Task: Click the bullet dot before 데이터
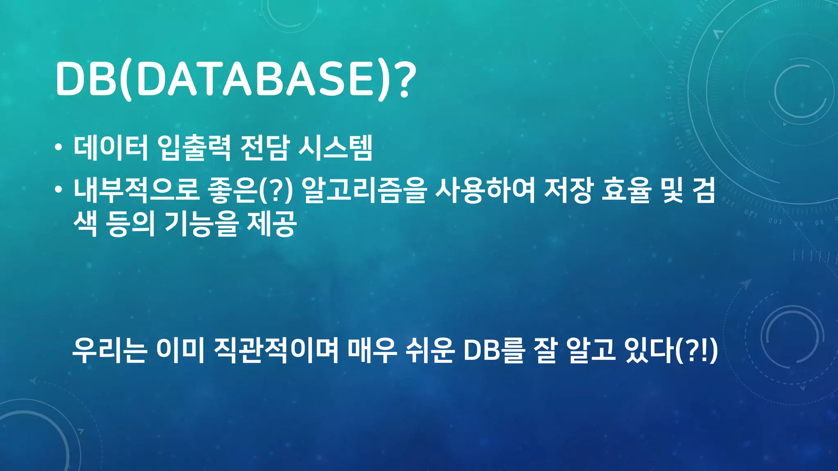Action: pos(59,148)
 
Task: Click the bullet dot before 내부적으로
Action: pos(59,190)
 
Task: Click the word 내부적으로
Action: pos(136,191)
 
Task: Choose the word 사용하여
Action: pos(485,191)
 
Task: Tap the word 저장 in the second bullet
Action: pos(568,191)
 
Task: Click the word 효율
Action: pos(626,191)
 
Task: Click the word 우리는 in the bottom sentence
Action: pos(109,350)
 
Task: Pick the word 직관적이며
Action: pos(276,350)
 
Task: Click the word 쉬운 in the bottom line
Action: pos(430,350)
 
